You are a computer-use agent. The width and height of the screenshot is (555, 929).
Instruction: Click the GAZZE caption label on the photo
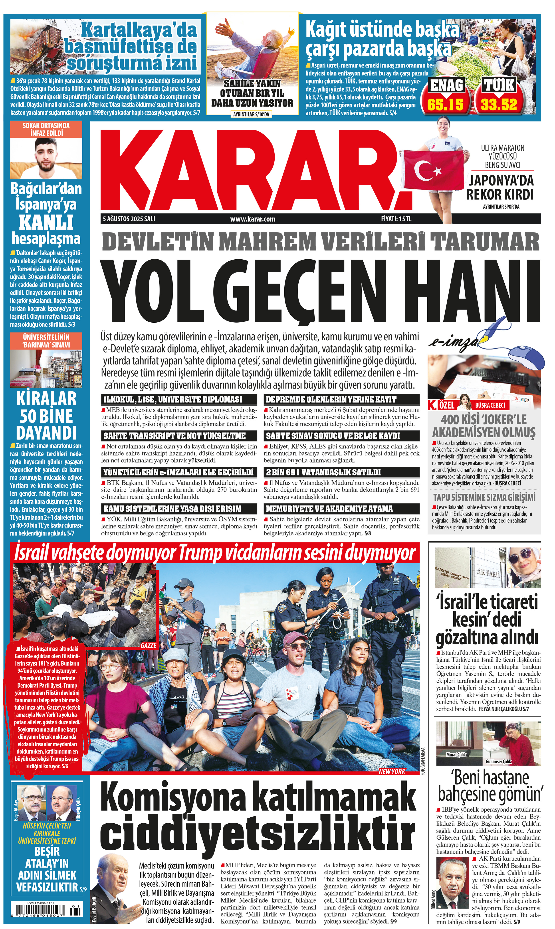click(149, 645)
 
